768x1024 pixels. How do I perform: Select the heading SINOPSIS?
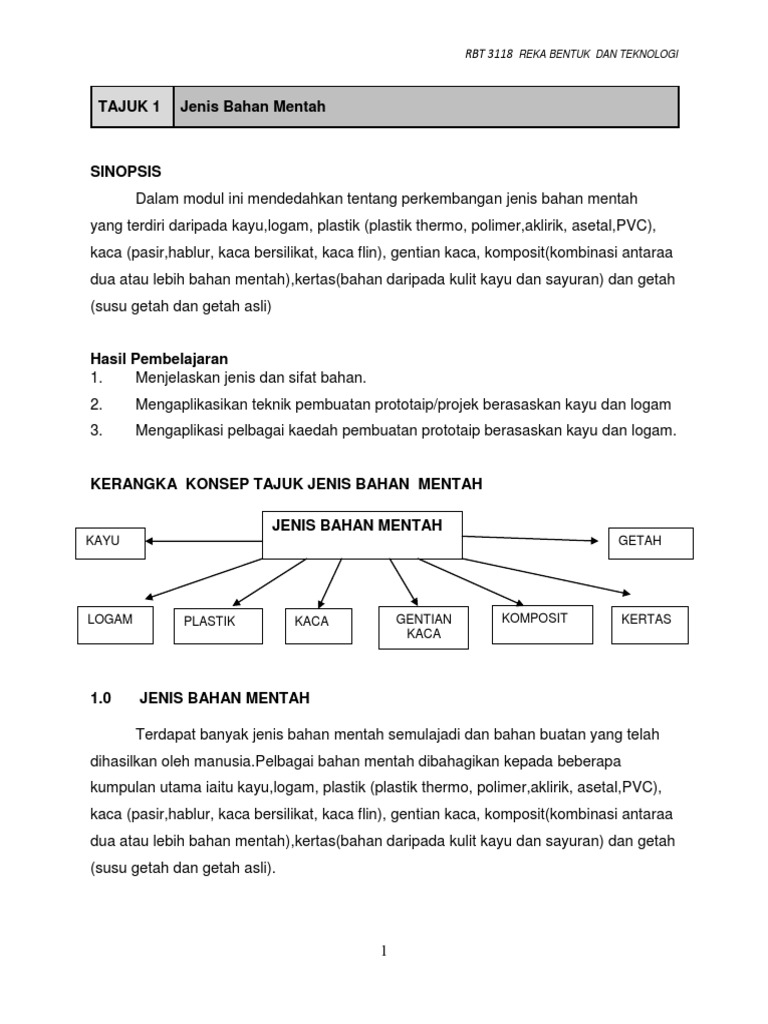coord(125,171)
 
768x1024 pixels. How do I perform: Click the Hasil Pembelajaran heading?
coord(159,358)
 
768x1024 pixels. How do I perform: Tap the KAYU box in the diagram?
coord(109,543)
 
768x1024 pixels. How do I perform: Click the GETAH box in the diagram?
coord(650,543)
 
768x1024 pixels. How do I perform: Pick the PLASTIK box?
coord(217,625)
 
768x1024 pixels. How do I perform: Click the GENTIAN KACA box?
coord(423,627)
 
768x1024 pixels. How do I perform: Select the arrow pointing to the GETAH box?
coord(534,539)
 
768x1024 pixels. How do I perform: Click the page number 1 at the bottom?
coord(383,952)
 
